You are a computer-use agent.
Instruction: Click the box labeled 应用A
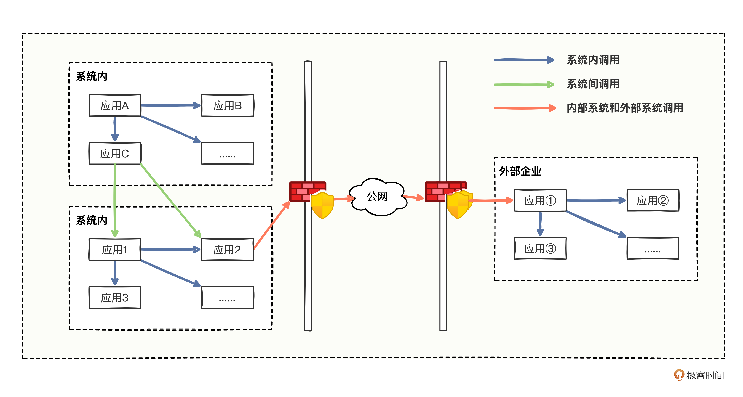(115, 106)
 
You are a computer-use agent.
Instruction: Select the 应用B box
(228, 106)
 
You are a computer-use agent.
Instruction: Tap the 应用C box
(115, 153)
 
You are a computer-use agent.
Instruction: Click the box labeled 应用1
(115, 250)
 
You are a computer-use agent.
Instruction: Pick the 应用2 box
(228, 250)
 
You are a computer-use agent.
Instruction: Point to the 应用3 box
(115, 297)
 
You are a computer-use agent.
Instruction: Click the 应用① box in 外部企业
(540, 200)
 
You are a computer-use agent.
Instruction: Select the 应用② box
(653, 200)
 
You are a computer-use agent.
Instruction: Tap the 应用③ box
(540, 248)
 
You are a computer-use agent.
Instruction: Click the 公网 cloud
(377, 197)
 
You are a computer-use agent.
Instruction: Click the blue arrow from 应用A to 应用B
(170, 105)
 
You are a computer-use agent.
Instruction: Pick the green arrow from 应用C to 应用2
(170, 200)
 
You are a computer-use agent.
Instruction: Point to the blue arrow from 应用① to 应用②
(596, 200)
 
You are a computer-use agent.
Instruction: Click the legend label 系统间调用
(593, 84)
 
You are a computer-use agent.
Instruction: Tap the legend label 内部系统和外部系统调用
(625, 108)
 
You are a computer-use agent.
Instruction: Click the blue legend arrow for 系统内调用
(523, 60)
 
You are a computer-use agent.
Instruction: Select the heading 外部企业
(520, 171)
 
